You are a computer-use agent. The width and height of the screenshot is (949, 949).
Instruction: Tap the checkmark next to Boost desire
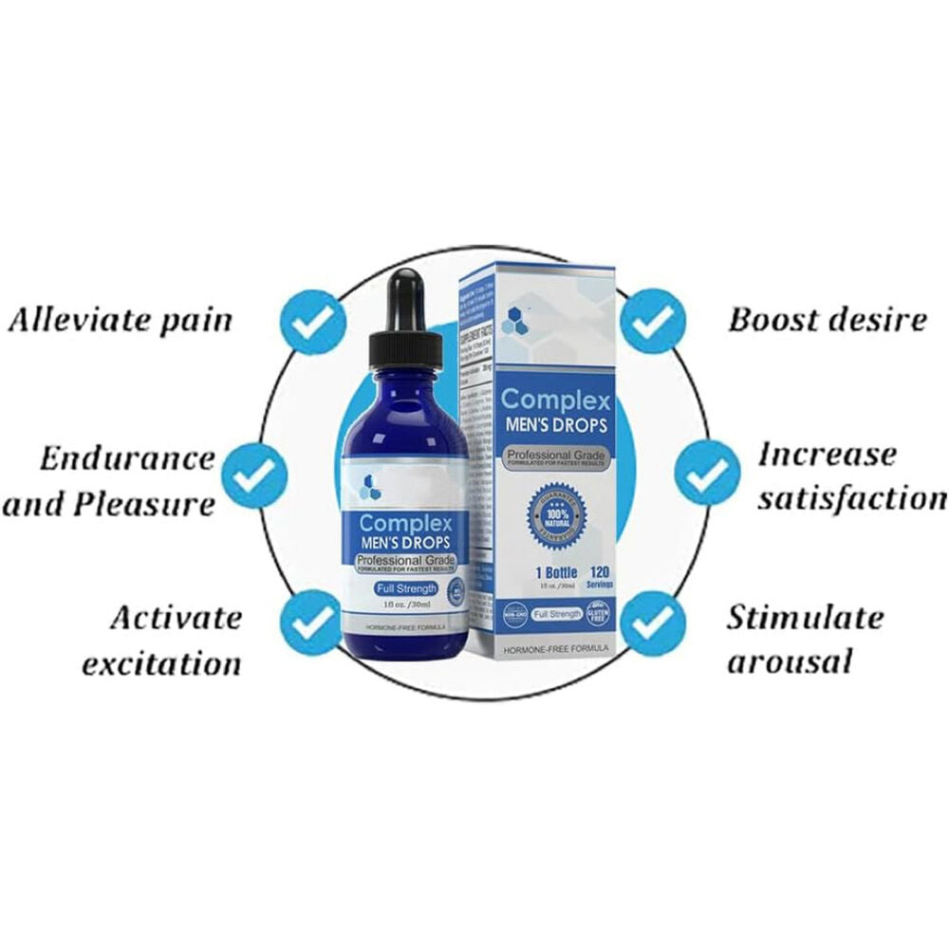[x=652, y=320]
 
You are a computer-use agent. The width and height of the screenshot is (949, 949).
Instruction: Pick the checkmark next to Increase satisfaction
[x=707, y=472]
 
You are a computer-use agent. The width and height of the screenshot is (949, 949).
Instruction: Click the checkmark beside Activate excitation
[x=310, y=623]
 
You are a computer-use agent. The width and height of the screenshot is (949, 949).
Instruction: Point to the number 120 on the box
[x=600, y=572]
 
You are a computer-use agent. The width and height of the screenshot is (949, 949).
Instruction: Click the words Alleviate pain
[x=120, y=319]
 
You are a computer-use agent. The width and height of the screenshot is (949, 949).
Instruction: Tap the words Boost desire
[x=827, y=319]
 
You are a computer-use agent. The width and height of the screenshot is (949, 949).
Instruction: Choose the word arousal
[x=790, y=661]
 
